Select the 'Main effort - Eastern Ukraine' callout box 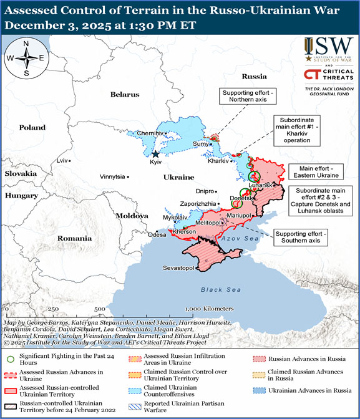point(316,171)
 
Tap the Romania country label point(74,238)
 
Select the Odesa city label point(157,234)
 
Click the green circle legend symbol point(10,359)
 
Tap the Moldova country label point(132,215)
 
